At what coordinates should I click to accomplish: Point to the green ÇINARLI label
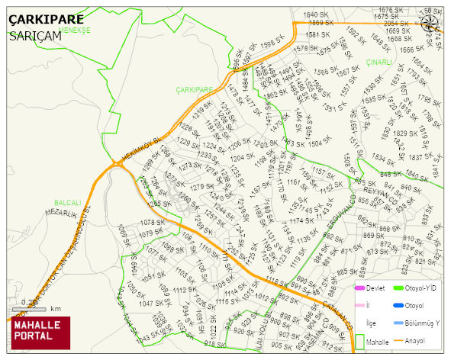(379, 63)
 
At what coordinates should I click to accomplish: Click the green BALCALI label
(67, 203)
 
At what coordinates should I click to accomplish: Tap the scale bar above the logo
(27, 308)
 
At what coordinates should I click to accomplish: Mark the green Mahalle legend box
(362, 342)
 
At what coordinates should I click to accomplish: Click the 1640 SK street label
(316, 14)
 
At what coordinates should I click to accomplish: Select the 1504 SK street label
(319, 142)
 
